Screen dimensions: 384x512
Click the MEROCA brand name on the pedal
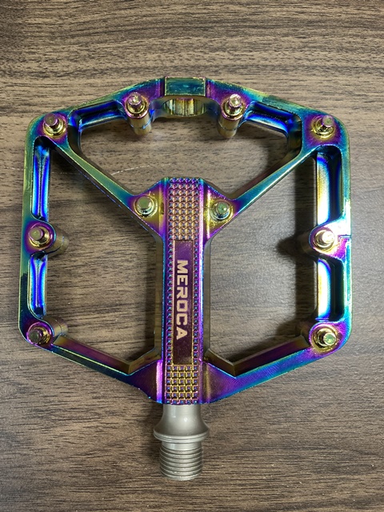pyautogui.click(x=182, y=299)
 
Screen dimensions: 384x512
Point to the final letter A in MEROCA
pyautogui.click(x=182, y=334)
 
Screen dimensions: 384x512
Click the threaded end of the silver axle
pyautogui.click(x=182, y=461)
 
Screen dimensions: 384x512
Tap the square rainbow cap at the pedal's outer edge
pyautogui.click(x=185, y=86)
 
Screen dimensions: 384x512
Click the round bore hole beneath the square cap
pyautogui.click(x=184, y=107)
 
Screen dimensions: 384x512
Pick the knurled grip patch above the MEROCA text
pyautogui.click(x=183, y=210)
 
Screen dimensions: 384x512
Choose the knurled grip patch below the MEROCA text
pyautogui.click(x=182, y=382)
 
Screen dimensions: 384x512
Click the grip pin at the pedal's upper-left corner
pyautogui.click(x=54, y=125)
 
